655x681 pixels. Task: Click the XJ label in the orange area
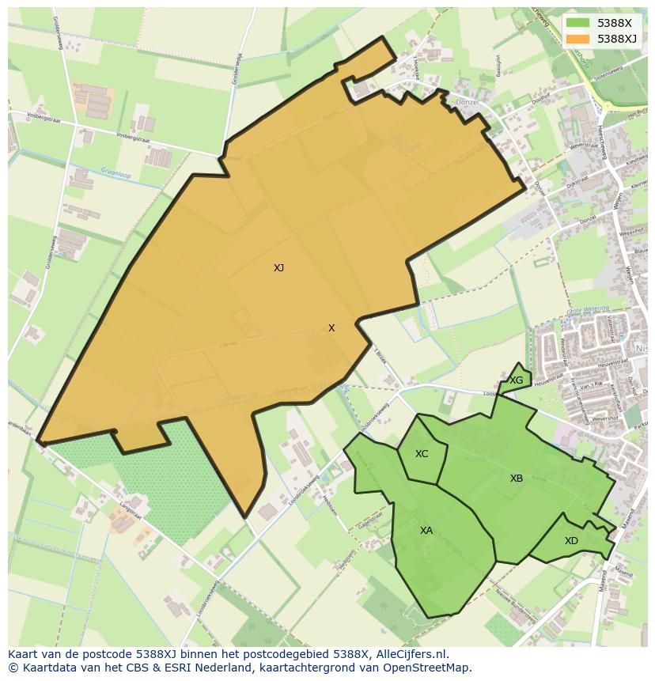(x=278, y=268)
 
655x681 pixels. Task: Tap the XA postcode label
(x=426, y=531)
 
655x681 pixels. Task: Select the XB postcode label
(x=516, y=479)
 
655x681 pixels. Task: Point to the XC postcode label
(x=422, y=454)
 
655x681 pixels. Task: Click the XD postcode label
(x=571, y=541)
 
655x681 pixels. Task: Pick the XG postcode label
(x=516, y=380)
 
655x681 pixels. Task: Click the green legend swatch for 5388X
(x=578, y=24)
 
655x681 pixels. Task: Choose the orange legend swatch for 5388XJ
(x=578, y=39)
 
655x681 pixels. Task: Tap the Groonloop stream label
(x=115, y=172)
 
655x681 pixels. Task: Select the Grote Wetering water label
(x=588, y=309)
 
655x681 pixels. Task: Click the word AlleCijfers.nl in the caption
(x=412, y=654)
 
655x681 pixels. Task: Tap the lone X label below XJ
(x=331, y=328)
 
